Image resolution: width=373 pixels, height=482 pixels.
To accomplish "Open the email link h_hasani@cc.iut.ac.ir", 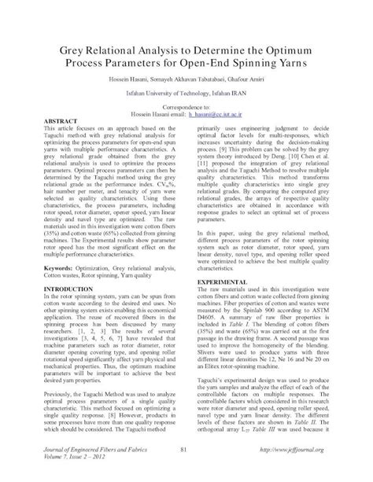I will click(x=223, y=113).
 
